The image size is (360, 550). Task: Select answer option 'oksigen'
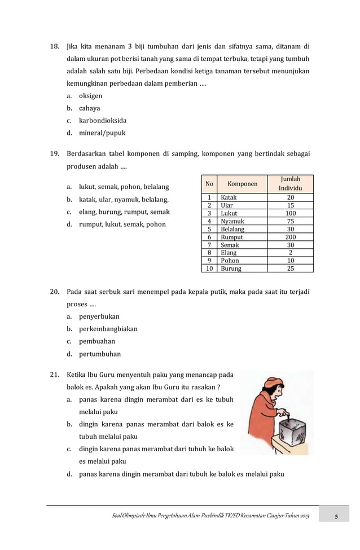(90, 96)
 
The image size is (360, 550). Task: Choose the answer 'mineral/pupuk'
(102, 133)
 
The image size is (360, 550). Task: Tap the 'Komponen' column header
(243, 183)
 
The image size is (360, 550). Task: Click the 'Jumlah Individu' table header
(291, 183)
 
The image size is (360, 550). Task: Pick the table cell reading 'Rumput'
(232, 237)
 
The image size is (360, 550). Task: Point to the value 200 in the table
(291, 237)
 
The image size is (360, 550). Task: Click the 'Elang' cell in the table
(229, 253)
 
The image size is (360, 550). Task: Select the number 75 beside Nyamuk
(291, 222)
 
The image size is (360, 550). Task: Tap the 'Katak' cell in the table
(229, 198)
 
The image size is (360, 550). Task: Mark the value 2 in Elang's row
(291, 253)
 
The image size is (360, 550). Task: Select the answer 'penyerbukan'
(99, 316)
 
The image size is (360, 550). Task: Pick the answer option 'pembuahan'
(96, 341)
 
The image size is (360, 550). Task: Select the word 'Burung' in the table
(231, 269)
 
